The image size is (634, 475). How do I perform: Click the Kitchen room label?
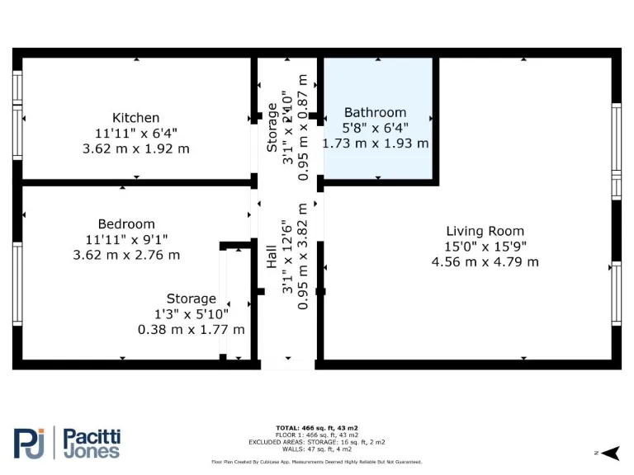(x=136, y=118)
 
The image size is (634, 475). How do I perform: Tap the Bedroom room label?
(x=126, y=224)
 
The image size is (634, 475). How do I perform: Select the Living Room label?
(x=485, y=232)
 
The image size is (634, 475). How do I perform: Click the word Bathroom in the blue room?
(x=375, y=112)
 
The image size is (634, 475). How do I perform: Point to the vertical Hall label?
(x=272, y=256)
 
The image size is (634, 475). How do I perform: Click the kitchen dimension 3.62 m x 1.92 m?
(x=136, y=149)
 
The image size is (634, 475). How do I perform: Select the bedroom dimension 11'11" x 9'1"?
(x=126, y=240)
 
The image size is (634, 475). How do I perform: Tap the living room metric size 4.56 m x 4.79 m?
(x=485, y=262)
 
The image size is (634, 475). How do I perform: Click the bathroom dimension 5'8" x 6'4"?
(x=375, y=128)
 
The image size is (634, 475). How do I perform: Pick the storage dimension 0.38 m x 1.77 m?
(x=191, y=330)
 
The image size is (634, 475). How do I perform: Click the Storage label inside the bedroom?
(x=191, y=299)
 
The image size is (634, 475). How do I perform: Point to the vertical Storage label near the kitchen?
(x=272, y=126)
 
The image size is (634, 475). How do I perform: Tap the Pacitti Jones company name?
(x=92, y=443)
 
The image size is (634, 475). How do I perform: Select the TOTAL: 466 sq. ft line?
(x=317, y=428)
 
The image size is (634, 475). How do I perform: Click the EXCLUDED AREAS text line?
(x=317, y=441)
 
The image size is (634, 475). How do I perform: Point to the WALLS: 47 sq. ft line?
(x=317, y=449)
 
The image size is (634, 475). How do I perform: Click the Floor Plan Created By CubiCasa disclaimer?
(x=317, y=463)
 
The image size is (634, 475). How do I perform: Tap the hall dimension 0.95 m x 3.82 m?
(x=304, y=256)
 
